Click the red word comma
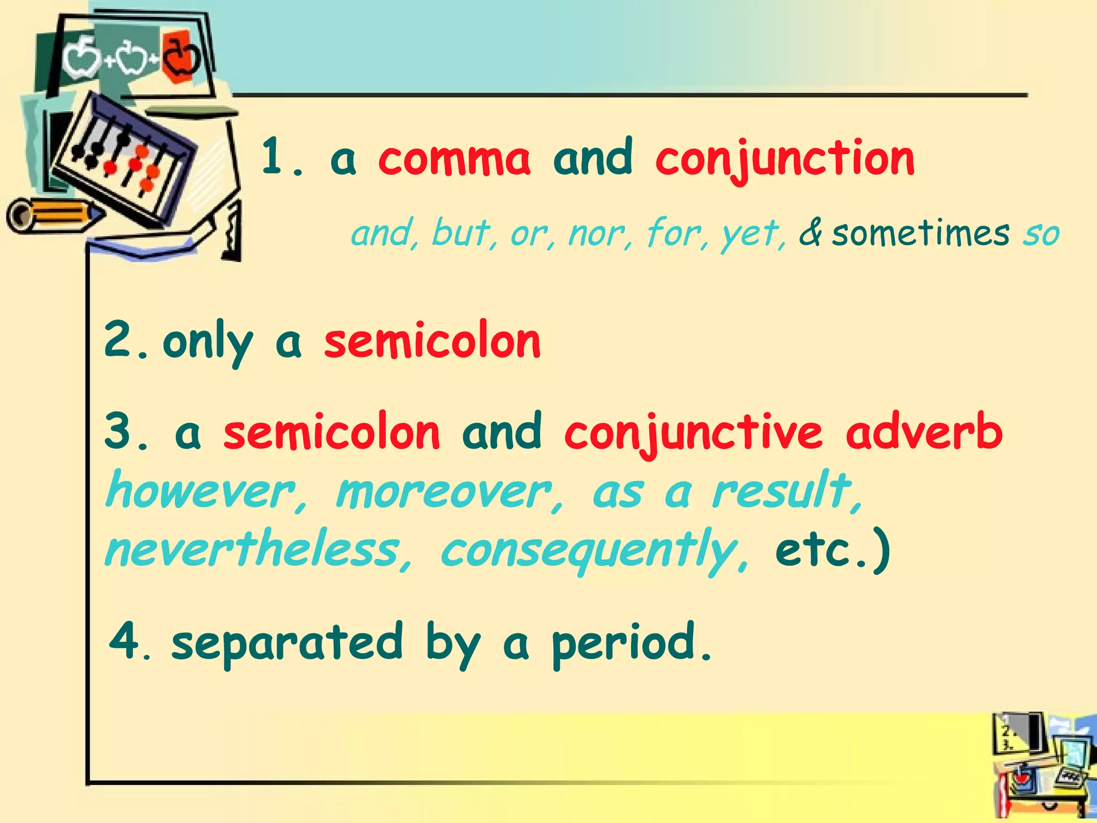click(454, 159)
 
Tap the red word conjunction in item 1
click(785, 159)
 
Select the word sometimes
click(920, 234)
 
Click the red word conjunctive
click(693, 433)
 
